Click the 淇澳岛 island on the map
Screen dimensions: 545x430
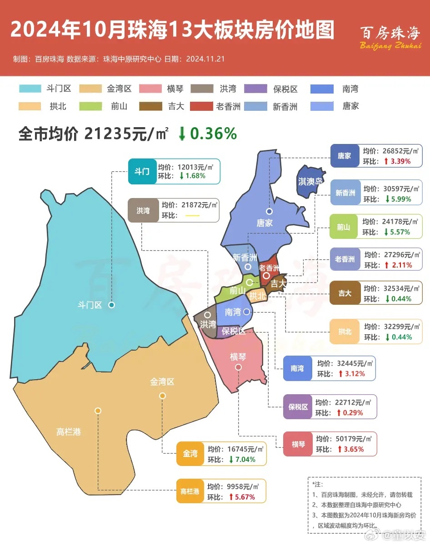tap(310, 182)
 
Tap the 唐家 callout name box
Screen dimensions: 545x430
tap(344, 156)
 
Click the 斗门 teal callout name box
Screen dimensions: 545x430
tap(142, 171)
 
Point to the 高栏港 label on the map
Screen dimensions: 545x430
tap(69, 432)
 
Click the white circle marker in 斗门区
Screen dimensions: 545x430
tap(111, 305)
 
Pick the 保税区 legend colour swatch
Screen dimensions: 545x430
tap(256, 89)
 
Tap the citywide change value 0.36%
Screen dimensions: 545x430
tap(214, 134)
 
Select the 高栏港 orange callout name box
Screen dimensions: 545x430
tap(190, 491)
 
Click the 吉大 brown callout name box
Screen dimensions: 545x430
tap(345, 293)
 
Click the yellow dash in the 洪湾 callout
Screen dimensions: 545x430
tap(193, 215)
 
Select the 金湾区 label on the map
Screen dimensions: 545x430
tap(162, 382)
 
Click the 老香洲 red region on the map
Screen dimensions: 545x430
tap(269, 268)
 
